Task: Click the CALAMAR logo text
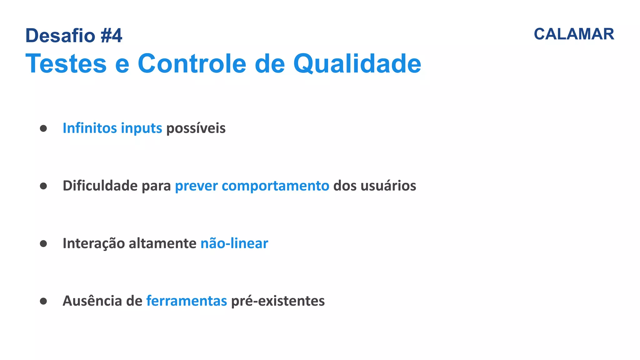pos(574,34)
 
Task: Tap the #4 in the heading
pos(111,36)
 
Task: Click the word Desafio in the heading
pos(60,36)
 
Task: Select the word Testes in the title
pos(66,64)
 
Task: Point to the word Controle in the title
pos(192,64)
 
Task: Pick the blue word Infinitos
pos(90,128)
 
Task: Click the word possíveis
pos(196,128)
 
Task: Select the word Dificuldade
pos(100,186)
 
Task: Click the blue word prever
pos(196,186)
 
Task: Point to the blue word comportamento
pos(275,186)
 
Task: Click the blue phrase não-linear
pos(234,243)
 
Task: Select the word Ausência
pos(92,301)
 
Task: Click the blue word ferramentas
pos(187,301)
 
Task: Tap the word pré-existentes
pos(278,301)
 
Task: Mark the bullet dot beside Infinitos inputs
pos(43,128)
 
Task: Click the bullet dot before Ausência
pos(43,301)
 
